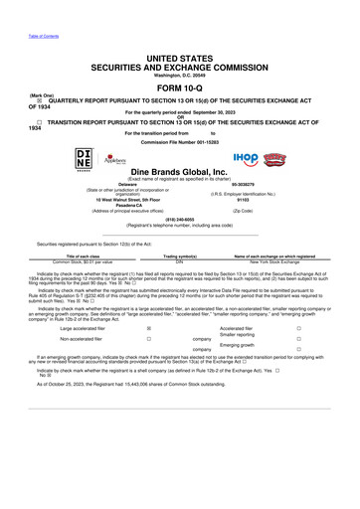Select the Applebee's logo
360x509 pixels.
tap(117, 158)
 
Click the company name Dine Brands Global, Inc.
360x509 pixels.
tap(179, 172)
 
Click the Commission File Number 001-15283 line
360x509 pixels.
tap(179, 140)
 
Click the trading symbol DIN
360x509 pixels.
tap(180, 259)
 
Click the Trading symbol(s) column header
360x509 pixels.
tap(180, 254)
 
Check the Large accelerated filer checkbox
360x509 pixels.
tap(149, 327)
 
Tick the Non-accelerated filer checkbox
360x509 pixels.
tap(149, 338)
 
